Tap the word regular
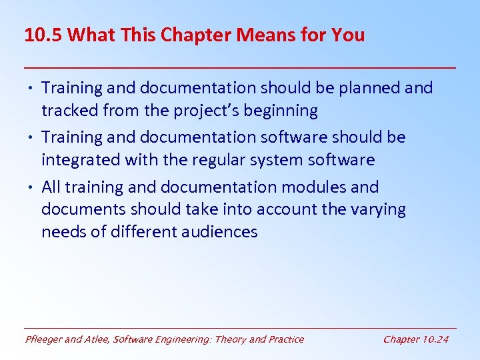(x=227, y=160)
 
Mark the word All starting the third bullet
(x=52, y=187)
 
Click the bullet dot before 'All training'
(x=32, y=187)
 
